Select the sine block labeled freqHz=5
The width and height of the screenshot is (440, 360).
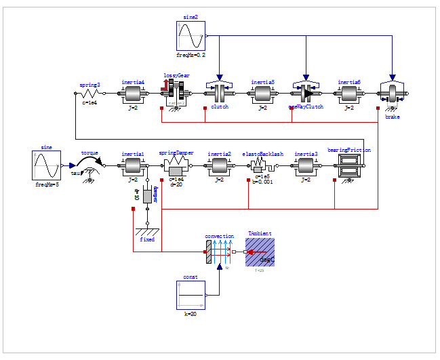(47, 165)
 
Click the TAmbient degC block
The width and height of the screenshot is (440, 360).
(260, 252)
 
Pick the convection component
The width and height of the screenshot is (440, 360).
(220, 252)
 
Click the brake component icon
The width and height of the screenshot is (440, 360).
(393, 94)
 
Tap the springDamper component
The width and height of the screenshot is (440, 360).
(176, 165)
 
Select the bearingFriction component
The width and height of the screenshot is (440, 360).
(349, 165)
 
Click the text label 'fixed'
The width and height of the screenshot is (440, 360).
(147, 239)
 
